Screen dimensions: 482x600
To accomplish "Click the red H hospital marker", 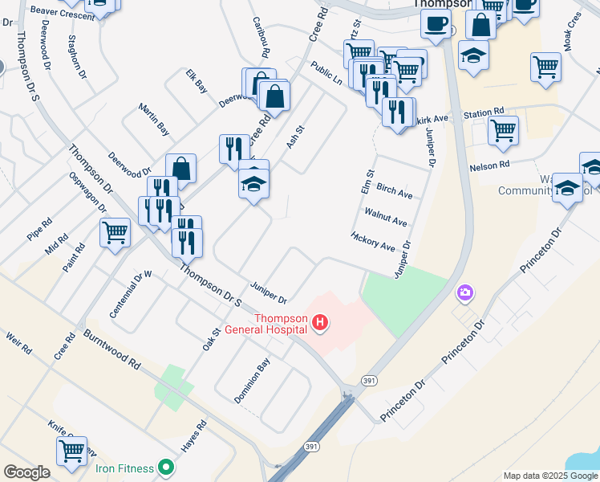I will coord(321,324).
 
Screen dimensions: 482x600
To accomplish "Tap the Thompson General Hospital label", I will coord(282,323).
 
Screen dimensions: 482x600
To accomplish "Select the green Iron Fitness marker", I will coord(166,466).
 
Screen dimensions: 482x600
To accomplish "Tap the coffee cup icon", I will coord(436,23).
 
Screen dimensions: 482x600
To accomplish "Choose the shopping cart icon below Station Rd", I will coord(503,129).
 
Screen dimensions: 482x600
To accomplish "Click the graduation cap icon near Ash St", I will coord(253,185).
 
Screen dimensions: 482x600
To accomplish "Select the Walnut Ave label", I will coord(386,217).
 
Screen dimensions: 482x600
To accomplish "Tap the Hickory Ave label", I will coord(373,241).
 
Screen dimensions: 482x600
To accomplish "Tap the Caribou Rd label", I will coord(260,38).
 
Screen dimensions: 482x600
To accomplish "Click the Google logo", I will coord(26,472).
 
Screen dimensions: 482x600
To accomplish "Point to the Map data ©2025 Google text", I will coord(549,476).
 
